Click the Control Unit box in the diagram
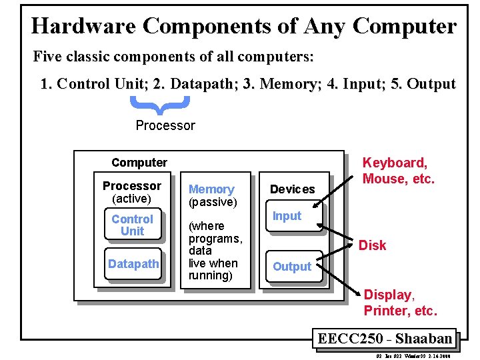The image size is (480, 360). tap(132, 225)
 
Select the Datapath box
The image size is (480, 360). tap(133, 264)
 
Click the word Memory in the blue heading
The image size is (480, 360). tap(211, 189)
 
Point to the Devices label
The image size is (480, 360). tap(292, 189)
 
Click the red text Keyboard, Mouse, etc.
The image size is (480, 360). tap(398, 171)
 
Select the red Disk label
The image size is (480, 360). tap(372, 245)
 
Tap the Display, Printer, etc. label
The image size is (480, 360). tap(400, 303)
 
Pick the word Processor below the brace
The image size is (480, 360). tap(165, 125)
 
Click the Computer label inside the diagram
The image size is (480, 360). tap(139, 163)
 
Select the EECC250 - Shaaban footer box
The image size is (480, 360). tap(385, 338)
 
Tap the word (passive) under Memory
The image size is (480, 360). tap(213, 202)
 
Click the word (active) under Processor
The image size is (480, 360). tap(132, 199)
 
